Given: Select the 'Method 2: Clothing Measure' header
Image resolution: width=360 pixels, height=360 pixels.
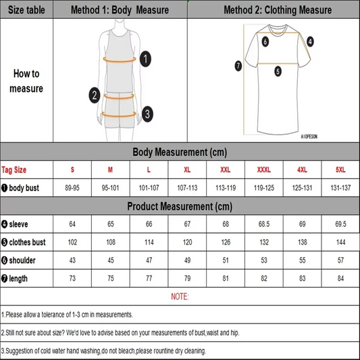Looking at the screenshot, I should click(x=278, y=10).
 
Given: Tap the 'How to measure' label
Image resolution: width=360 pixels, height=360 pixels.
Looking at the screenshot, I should click(x=26, y=81).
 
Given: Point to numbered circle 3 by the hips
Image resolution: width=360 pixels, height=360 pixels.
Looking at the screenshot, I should click(x=147, y=113).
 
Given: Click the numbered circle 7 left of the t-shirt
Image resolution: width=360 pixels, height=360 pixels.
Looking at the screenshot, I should click(x=238, y=66).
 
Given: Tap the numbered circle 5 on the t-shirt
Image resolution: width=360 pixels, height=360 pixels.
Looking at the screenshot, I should click(x=278, y=70).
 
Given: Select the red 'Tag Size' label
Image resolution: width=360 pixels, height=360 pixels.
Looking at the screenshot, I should click(x=15, y=170).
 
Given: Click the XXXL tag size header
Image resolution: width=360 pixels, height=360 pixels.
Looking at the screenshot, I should click(x=264, y=170).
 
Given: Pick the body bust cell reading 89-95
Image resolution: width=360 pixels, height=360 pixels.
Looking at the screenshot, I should click(x=72, y=187).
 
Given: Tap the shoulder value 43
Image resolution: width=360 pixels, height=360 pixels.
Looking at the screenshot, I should click(x=72, y=260).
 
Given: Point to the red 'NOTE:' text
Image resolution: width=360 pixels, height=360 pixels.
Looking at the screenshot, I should click(x=180, y=297).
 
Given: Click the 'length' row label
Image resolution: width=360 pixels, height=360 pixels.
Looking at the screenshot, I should click(x=18, y=278).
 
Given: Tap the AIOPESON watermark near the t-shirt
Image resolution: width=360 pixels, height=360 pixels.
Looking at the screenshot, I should click(x=314, y=136).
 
